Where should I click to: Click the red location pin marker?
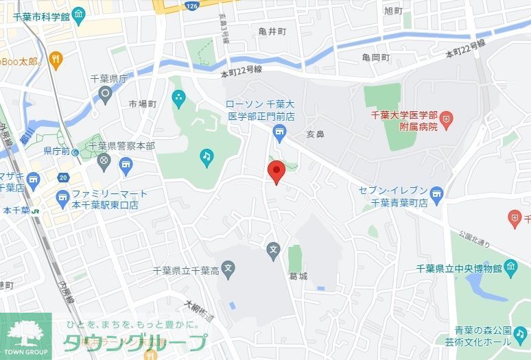point(276,171)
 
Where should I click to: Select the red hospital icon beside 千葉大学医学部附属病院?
point(447,123)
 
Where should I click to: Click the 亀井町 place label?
point(272,32)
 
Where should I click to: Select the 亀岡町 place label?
point(377,58)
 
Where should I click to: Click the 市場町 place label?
point(143,104)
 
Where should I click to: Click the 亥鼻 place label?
point(315,134)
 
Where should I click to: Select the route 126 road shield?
point(191,6)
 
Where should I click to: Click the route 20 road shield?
point(62,178)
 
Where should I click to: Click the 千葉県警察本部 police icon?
point(104,161)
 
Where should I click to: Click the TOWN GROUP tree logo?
point(25,333)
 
